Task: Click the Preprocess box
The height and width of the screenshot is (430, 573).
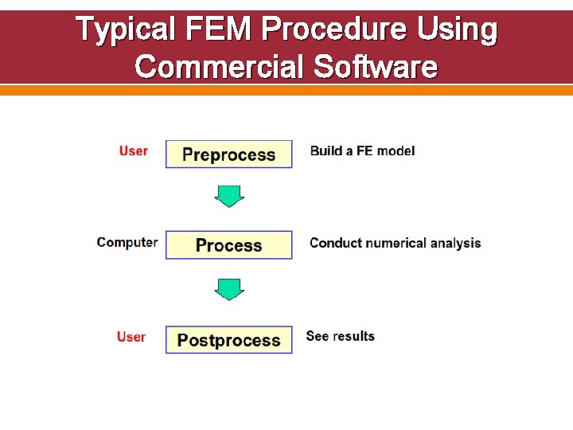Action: tap(228, 154)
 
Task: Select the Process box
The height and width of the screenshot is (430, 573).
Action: tap(228, 245)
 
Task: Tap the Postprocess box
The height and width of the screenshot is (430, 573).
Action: tap(228, 340)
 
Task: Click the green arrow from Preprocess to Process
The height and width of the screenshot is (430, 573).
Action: tap(229, 196)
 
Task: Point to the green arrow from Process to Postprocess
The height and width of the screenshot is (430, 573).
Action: tap(229, 289)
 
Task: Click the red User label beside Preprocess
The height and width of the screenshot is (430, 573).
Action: tap(134, 150)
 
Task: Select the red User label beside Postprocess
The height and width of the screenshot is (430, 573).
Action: tap(131, 337)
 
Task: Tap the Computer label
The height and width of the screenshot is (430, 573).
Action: tap(127, 242)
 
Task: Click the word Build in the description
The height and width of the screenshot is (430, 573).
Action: tap(326, 150)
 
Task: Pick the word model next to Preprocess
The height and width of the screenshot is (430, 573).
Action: tap(396, 150)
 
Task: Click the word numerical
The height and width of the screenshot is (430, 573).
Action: tap(397, 243)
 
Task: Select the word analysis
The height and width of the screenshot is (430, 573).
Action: tap(456, 243)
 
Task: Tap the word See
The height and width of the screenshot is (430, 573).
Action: tap(317, 336)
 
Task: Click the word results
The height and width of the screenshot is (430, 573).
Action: tap(353, 336)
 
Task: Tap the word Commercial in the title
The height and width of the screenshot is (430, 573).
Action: tap(220, 67)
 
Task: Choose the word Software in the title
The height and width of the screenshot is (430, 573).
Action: tap(376, 67)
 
